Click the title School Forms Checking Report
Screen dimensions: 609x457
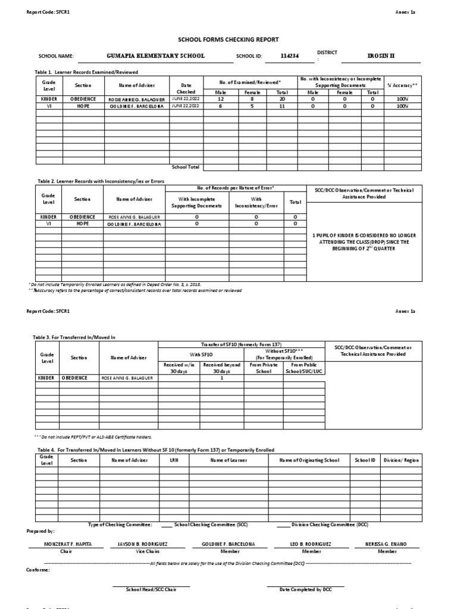pyautogui.click(x=228, y=39)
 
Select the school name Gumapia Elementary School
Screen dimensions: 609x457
pyautogui.click(x=155, y=55)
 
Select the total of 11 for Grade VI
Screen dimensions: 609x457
pyautogui.click(x=278, y=106)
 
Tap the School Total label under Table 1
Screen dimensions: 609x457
pyautogui.click(x=186, y=167)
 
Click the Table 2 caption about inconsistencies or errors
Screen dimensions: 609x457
pyautogui.click(x=101, y=181)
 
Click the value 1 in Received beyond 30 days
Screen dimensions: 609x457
pyautogui.click(x=221, y=378)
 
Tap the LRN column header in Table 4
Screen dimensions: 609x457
pyautogui.click(x=174, y=460)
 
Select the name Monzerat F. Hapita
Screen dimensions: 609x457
pyautogui.click(x=60, y=544)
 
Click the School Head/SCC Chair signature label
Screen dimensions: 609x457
pyautogui.click(x=151, y=589)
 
